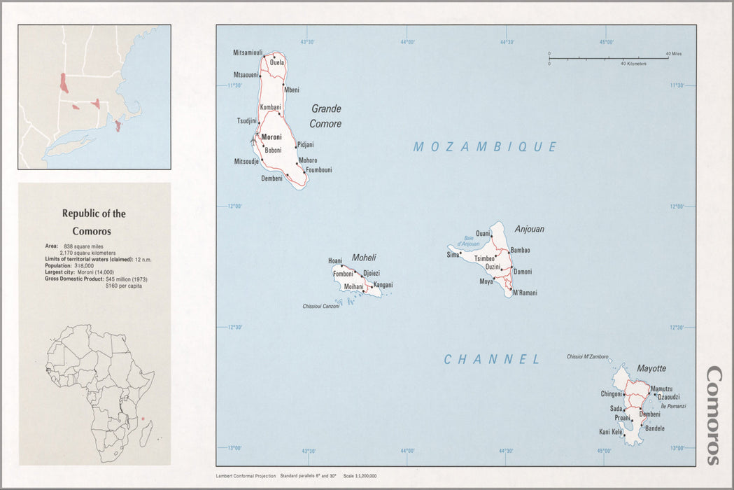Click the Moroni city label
coord(271,137)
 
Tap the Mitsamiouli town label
coord(248,53)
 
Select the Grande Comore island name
coord(326,116)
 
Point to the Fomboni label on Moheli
coord(344,274)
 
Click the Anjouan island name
coord(529,229)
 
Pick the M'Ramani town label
coord(525,293)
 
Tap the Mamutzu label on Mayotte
coord(661,388)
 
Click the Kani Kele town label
coord(611,432)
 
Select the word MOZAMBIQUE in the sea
coord(486,147)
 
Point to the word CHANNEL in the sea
coord(493,360)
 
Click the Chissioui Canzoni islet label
coord(321,306)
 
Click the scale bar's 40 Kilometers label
coord(633,64)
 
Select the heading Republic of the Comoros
coord(94,222)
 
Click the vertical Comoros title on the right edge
coord(713,415)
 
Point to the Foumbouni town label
coord(319,170)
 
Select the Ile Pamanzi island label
coord(673,406)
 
